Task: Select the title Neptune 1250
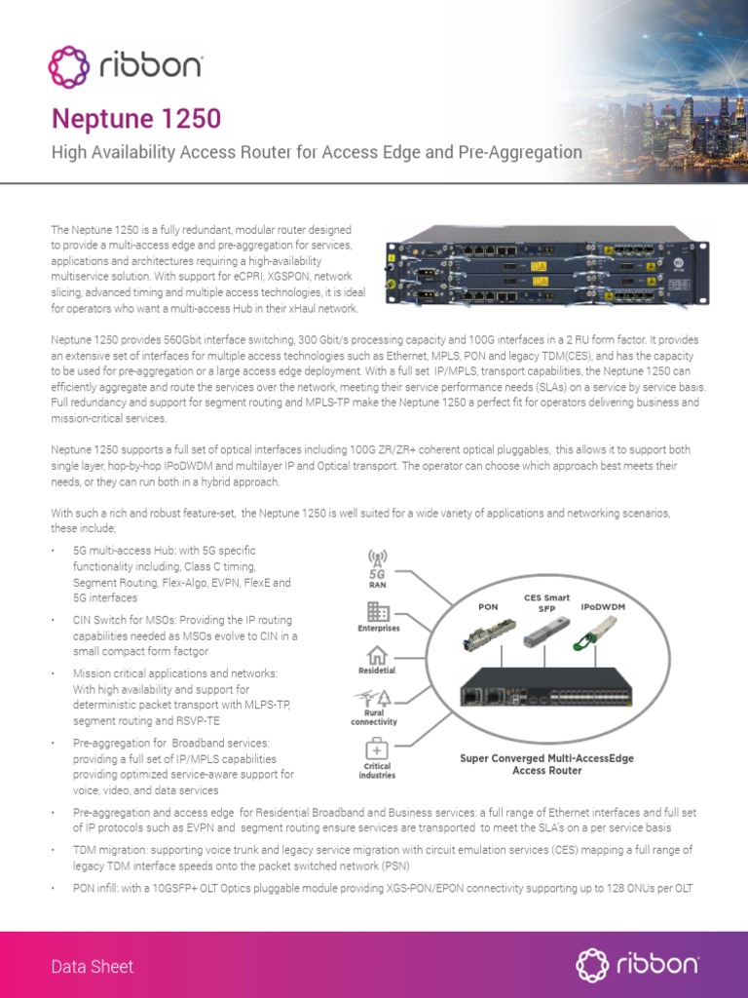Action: (x=135, y=119)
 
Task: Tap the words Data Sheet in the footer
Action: (x=93, y=966)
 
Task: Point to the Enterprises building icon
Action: (x=377, y=612)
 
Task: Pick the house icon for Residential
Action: (x=377, y=656)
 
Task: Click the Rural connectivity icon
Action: (x=377, y=699)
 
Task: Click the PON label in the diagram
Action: (x=488, y=606)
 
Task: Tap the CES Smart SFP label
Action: (x=546, y=602)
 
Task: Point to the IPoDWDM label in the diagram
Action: (x=602, y=606)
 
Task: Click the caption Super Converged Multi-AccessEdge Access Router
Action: (x=545, y=763)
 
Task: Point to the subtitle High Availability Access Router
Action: (x=317, y=152)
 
